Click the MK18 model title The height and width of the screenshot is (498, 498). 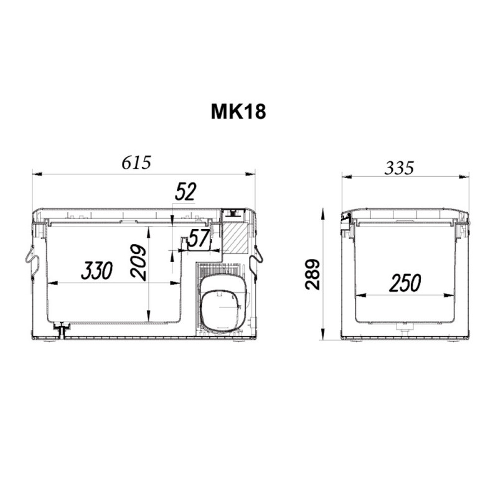(238, 112)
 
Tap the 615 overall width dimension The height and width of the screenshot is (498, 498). (136, 162)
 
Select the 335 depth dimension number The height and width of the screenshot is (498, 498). (399, 168)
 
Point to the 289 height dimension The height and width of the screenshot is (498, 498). (312, 274)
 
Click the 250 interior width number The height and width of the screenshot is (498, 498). (405, 283)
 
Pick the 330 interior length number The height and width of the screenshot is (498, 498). (97, 271)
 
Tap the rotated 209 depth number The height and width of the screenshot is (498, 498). (138, 262)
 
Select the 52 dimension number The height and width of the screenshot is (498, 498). (186, 192)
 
